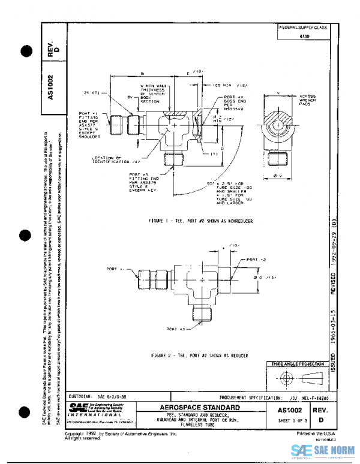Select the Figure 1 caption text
[201, 221]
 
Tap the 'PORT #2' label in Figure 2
[256, 260]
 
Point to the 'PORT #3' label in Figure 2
[176, 329]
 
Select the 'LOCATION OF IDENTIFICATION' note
[116, 160]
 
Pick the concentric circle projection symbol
[285, 379]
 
